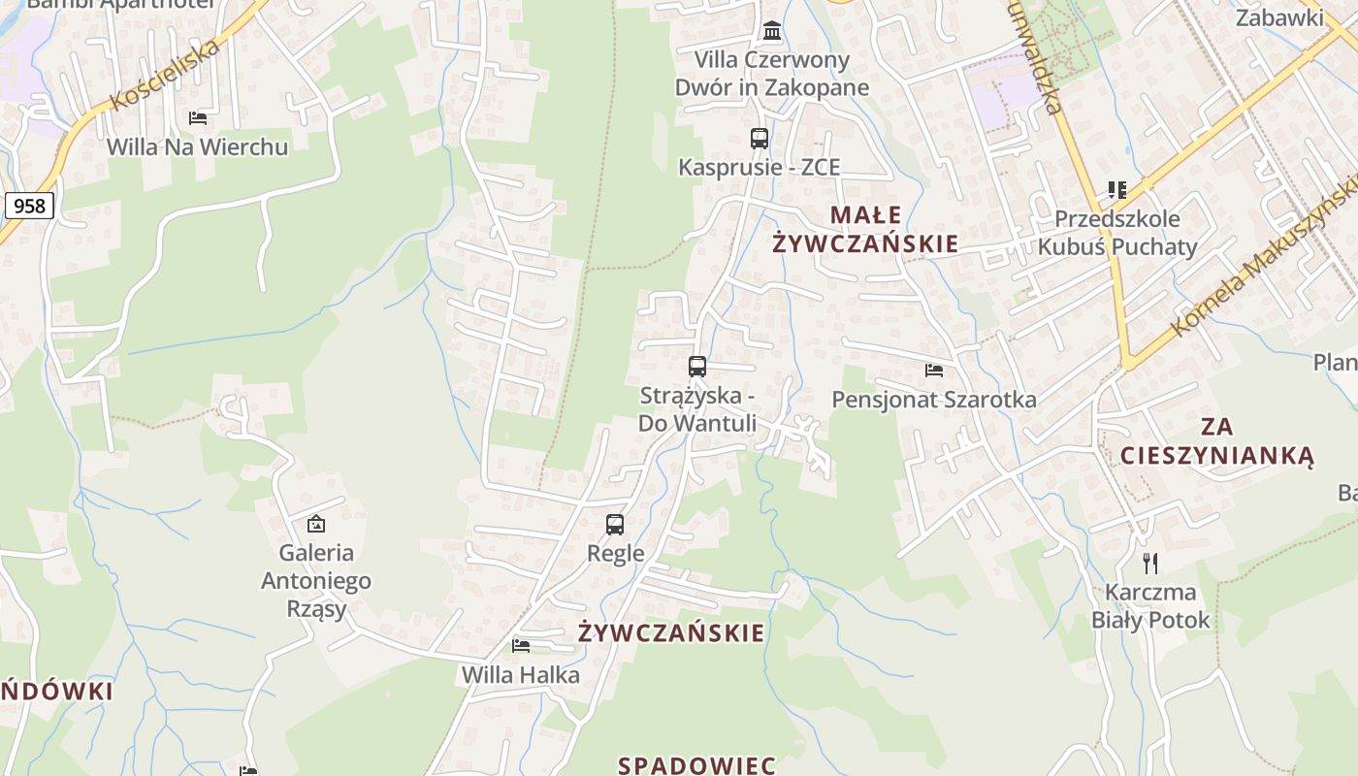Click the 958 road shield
(29, 206)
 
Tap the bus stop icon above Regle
(615, 525)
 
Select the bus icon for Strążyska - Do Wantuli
(696, 367)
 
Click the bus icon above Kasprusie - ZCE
(759, 139)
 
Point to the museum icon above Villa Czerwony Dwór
(772, 31)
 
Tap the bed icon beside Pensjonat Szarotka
(934, 371)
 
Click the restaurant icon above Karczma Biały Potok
(1150, 563)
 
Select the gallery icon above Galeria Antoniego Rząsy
(315, 524)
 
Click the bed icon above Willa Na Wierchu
(198, 118)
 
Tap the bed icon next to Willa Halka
(521, 646)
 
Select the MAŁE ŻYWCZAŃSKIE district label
(865, 229)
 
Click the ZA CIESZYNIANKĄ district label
(1216, 440)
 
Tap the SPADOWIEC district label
(696, 764)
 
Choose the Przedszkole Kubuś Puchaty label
(1117, 233)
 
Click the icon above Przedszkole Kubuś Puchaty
(1117, 190)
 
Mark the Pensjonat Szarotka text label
(934, 400)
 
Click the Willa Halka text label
(521, 675)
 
